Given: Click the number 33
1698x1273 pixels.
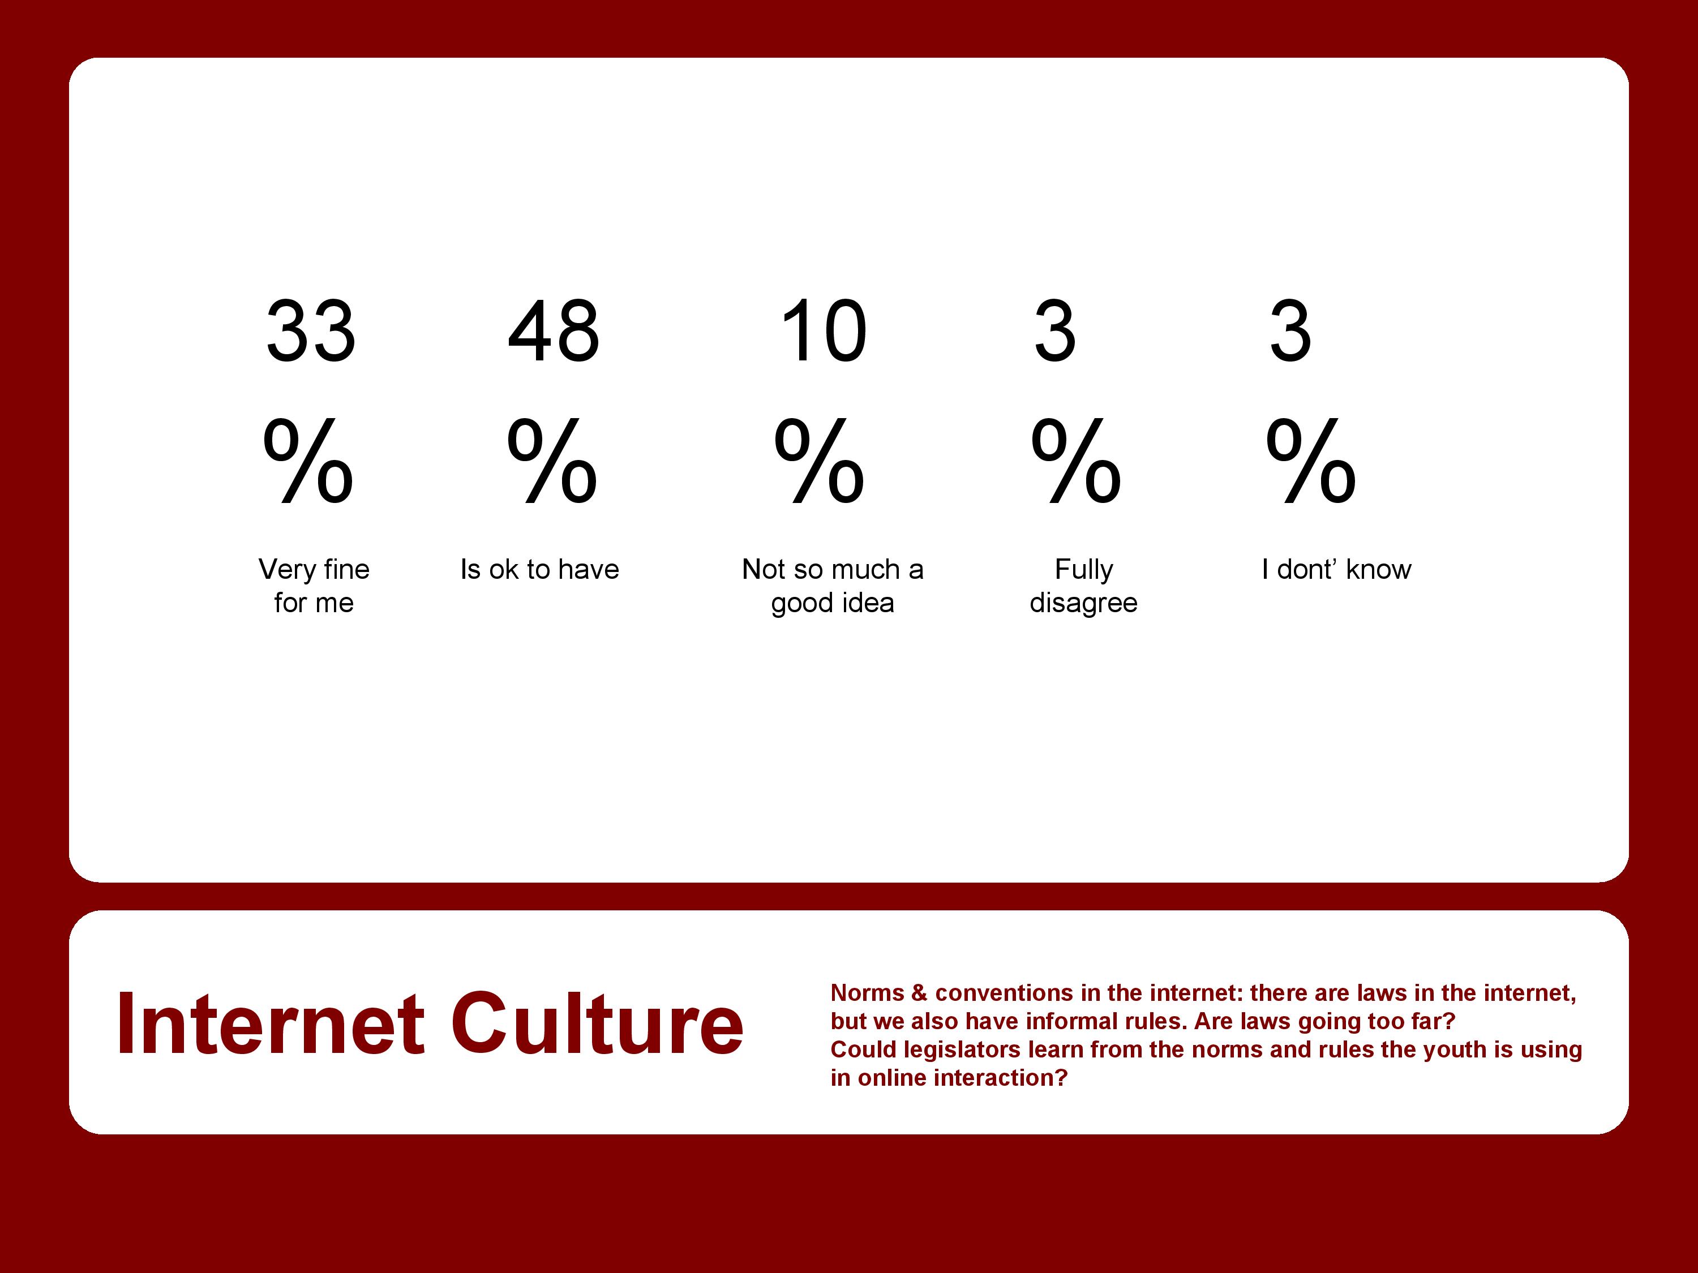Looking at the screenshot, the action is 311,331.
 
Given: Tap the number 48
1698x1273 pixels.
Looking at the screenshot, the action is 554,331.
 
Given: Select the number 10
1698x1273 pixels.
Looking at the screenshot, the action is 824,331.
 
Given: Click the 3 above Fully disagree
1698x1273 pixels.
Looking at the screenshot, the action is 1056,331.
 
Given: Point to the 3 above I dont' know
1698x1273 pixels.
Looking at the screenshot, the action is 1290,331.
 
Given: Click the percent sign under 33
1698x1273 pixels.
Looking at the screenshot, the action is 308,461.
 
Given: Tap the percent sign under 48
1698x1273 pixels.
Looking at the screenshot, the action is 552,461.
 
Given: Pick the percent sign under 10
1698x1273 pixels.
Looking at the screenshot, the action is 819,461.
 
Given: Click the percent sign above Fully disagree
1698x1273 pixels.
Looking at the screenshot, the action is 1076,461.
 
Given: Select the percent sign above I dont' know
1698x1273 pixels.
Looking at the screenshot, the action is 1311,461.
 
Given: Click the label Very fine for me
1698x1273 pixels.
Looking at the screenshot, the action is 314,586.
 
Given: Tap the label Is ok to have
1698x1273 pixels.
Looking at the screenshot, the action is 539,569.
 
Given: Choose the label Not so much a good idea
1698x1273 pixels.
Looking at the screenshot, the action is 833,586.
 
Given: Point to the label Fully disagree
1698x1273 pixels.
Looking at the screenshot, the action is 1083,586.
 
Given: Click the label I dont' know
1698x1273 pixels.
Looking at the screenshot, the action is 1336,569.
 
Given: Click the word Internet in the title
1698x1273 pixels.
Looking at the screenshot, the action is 270,1025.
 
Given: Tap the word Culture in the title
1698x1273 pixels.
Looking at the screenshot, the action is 597,1025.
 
